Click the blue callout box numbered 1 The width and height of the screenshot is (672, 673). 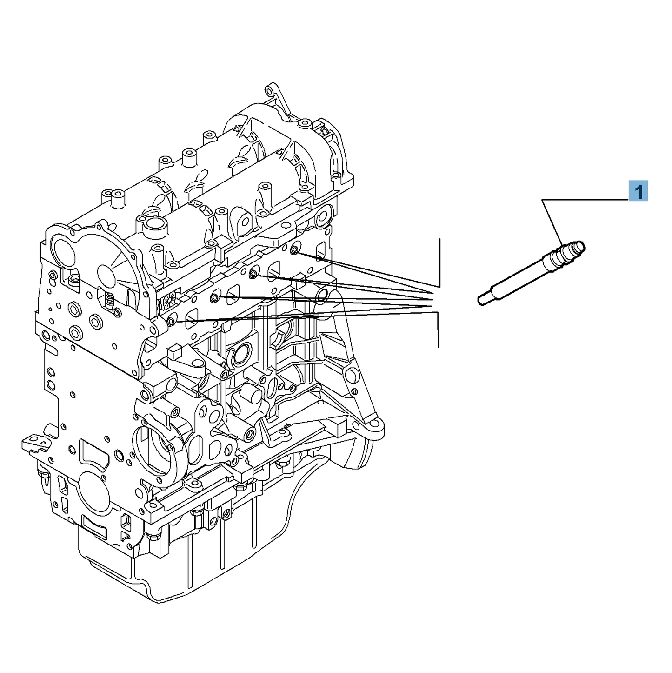coord(638,191)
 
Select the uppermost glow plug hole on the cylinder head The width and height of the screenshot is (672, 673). coord(294,250)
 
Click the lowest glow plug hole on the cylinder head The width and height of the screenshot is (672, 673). coord(171,321)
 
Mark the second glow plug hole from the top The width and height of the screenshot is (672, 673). coord(253,274)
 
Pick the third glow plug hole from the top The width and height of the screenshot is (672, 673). coord(214,297)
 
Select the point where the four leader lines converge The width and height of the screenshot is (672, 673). coord(432,301)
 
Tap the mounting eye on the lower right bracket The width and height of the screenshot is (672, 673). coord(374,424)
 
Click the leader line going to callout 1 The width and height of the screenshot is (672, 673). coord(586,200)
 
